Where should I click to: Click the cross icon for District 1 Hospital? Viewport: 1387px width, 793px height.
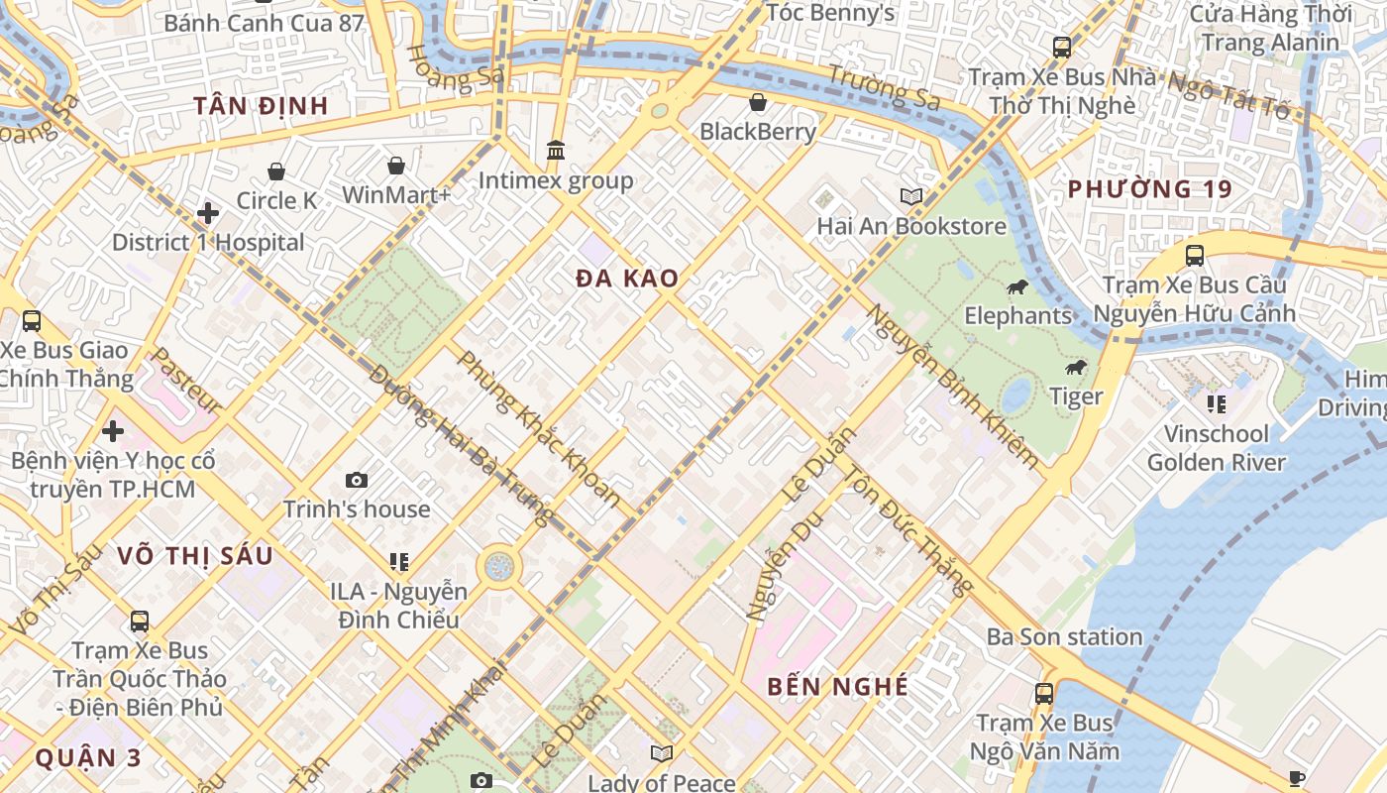click(x=208, y=213)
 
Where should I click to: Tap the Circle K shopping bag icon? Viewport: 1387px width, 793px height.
click(x=276, y=171)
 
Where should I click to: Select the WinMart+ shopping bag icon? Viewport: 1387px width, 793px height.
click(x=396, y=166)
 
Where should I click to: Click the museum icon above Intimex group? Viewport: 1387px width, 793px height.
click(x=556, y=151)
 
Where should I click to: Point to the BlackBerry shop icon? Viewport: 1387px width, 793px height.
click(x=758, y=102)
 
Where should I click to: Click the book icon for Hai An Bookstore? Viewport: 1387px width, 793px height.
click(x=910, y=197)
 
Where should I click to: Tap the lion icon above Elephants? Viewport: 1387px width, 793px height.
click(x=1017, y=287)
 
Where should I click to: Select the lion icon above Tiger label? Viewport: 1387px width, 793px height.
click(x=1076, y=368)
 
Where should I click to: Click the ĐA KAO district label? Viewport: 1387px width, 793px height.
click(x=627, y=280)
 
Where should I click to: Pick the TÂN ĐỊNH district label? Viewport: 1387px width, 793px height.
click(x=261, y=106)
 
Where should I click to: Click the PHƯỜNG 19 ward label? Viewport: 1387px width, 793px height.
click(x=1149, y=189)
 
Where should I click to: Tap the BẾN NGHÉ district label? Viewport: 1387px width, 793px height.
click(x=838, y=686)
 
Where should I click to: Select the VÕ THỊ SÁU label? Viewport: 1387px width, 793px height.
click(x=194, y=556)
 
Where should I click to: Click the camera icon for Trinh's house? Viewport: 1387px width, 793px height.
click(x=357, y=481)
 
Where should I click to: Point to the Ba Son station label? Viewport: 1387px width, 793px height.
click(x=1064, y=636)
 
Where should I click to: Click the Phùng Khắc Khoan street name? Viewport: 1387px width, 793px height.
click(x=538, y=429)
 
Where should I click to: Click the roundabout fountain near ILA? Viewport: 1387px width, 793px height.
click(x=499, y=567)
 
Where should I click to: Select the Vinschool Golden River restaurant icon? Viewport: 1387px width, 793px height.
click(x=1217, y=404)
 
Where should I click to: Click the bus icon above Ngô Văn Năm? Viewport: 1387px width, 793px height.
click(x=1044, y=694)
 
